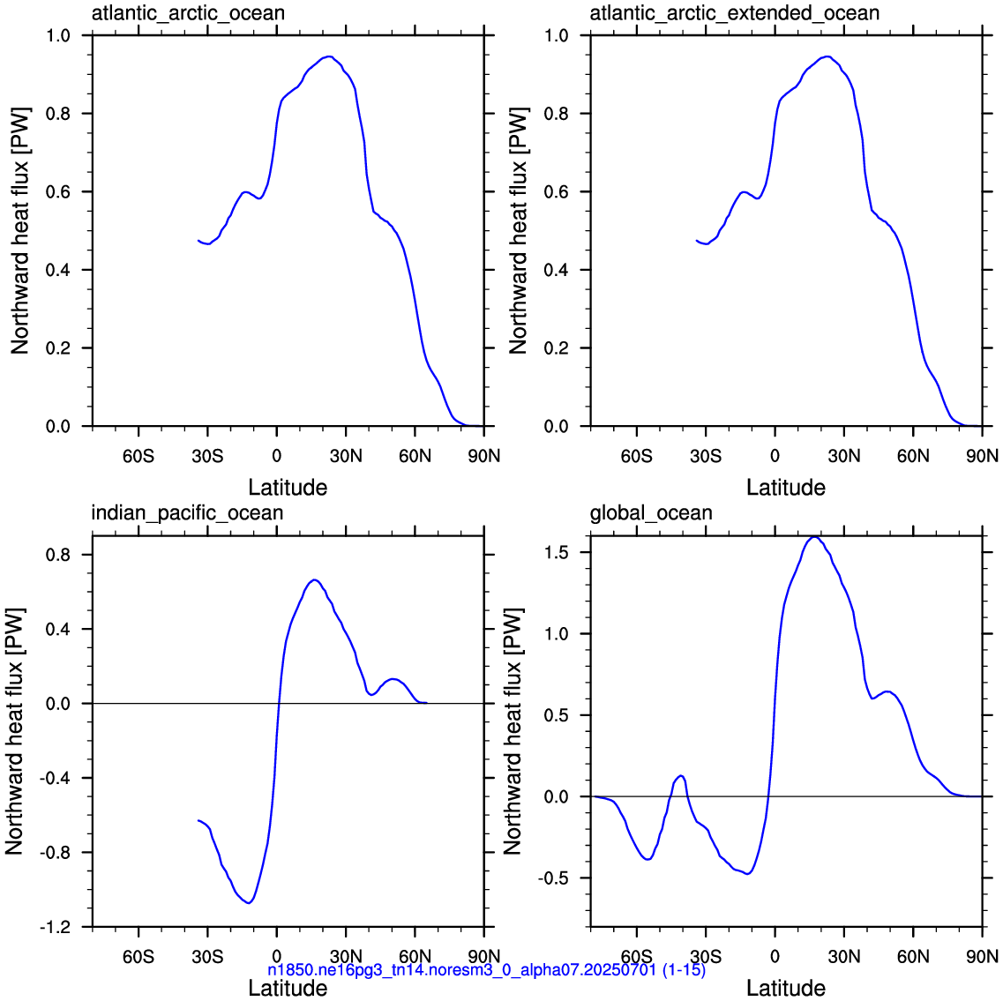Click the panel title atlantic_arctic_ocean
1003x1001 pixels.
pyautogui.click(x=188, y=13)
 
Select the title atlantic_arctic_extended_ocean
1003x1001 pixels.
pyautogui.click(x=734, y=13)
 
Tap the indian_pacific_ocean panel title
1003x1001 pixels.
pyautogui.click(x=187, y=513)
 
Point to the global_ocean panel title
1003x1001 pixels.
pyautogui.click(x=651, y=513)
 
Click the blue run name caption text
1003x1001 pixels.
pyautogui.click(x=487, y=970)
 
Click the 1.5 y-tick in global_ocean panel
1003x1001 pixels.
pyautogui.click(x=556, y=552)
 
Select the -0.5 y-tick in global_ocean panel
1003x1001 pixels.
pyautogui.click(x=553, y=878)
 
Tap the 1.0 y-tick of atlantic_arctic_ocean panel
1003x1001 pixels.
pyautogui.click(x=58, y=36)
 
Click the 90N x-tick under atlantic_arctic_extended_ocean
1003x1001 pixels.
pyautogui.click(x=982, y=456)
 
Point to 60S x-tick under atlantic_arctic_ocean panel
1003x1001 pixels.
pyautogui.click(x=138, y=456)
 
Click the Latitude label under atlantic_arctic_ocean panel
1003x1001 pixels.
pyautogui.click(x=288, y=488)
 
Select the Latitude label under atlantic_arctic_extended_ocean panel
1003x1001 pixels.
pyautogui.click(x=786, y=488)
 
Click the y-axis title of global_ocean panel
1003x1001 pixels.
pyautogui.click(x=513, y=731)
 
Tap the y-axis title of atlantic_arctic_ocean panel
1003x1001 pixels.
pyautogui.click(x=19, y=231)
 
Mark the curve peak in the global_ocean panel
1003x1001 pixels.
pyautogui.click(x=813, y=537)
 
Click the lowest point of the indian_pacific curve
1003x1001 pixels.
pyautogui.click(x=249, y=902)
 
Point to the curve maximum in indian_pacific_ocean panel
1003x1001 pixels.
pyautogui.click(x=314, y=580)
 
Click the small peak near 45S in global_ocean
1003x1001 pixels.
pyautogui.click(x=681, y=776)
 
